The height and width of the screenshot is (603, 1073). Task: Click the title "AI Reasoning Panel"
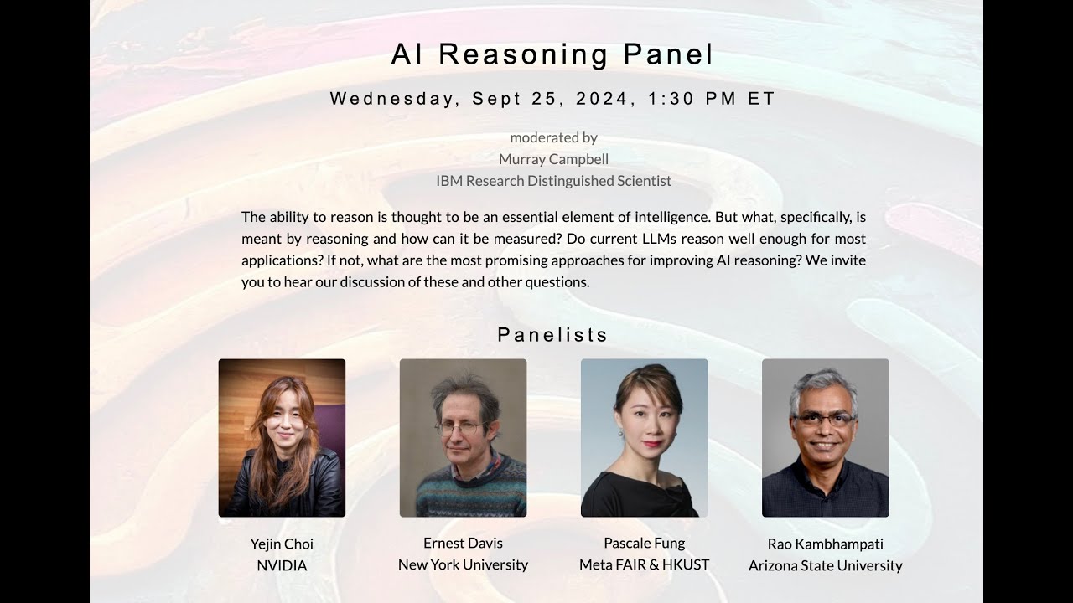click(552, 54)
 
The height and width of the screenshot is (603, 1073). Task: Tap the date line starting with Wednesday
click(552, 99)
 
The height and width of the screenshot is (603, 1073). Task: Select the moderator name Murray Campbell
click(553, 159)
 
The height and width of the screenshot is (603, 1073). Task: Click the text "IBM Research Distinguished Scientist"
click(553, 181)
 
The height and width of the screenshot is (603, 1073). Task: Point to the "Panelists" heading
click(552, 335)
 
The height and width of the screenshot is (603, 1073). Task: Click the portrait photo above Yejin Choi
click(282, 438)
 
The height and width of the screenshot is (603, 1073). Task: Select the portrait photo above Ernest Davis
click(463, 438)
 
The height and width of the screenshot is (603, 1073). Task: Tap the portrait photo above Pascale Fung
click(644, 438)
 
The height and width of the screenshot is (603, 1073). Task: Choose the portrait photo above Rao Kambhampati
click(825, 438)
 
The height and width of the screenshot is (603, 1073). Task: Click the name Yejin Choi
click(282, 544)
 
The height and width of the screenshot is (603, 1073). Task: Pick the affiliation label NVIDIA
click(282, 566)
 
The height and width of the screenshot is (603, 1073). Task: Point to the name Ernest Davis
click(463, 543)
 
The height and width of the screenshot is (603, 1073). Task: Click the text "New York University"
click(463, 564)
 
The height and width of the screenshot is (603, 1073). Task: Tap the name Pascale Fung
click(644, 543)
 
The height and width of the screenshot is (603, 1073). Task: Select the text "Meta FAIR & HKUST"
click(644, 564)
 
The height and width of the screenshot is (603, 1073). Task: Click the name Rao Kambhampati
click(825, 544)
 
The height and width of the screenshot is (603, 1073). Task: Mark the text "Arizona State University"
click(825, 566)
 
